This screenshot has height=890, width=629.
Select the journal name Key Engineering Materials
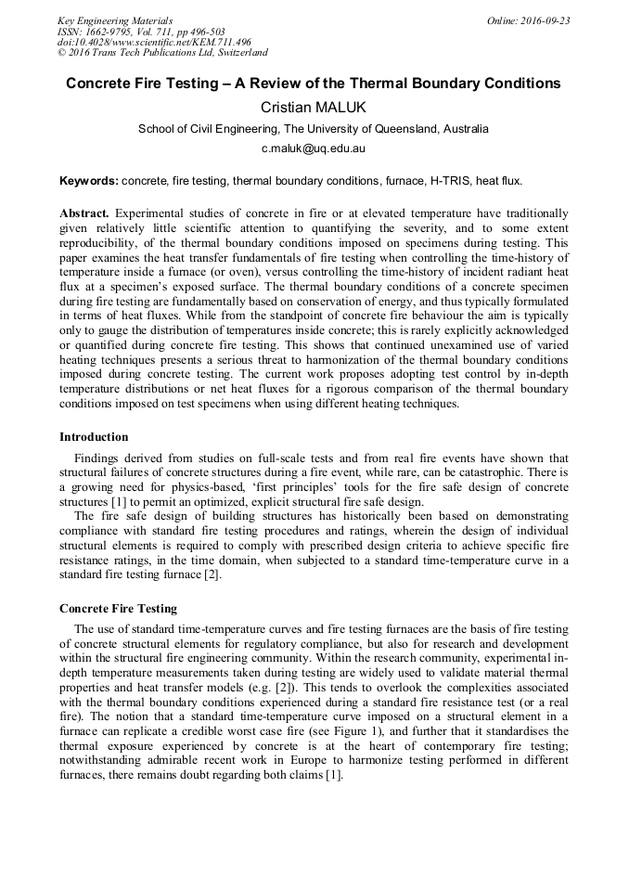[115, 20]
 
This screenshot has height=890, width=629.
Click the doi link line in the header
[154, 43]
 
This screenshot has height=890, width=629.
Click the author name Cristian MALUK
[314, 108]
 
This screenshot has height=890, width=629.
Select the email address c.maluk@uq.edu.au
[314, 148]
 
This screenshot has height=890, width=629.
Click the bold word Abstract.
[84, 213]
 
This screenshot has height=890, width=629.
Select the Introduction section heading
[94, 437]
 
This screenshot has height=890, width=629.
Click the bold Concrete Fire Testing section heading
[118, 609]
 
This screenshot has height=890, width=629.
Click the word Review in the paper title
[270, 84]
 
